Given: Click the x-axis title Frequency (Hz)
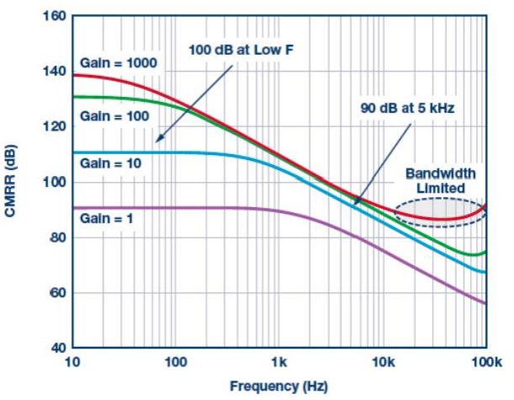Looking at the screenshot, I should coord(279,387).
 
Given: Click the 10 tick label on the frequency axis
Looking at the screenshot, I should coord(72,363).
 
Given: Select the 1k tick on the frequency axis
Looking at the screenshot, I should coord(279,363).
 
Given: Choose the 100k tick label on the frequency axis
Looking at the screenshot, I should coord(485,363).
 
